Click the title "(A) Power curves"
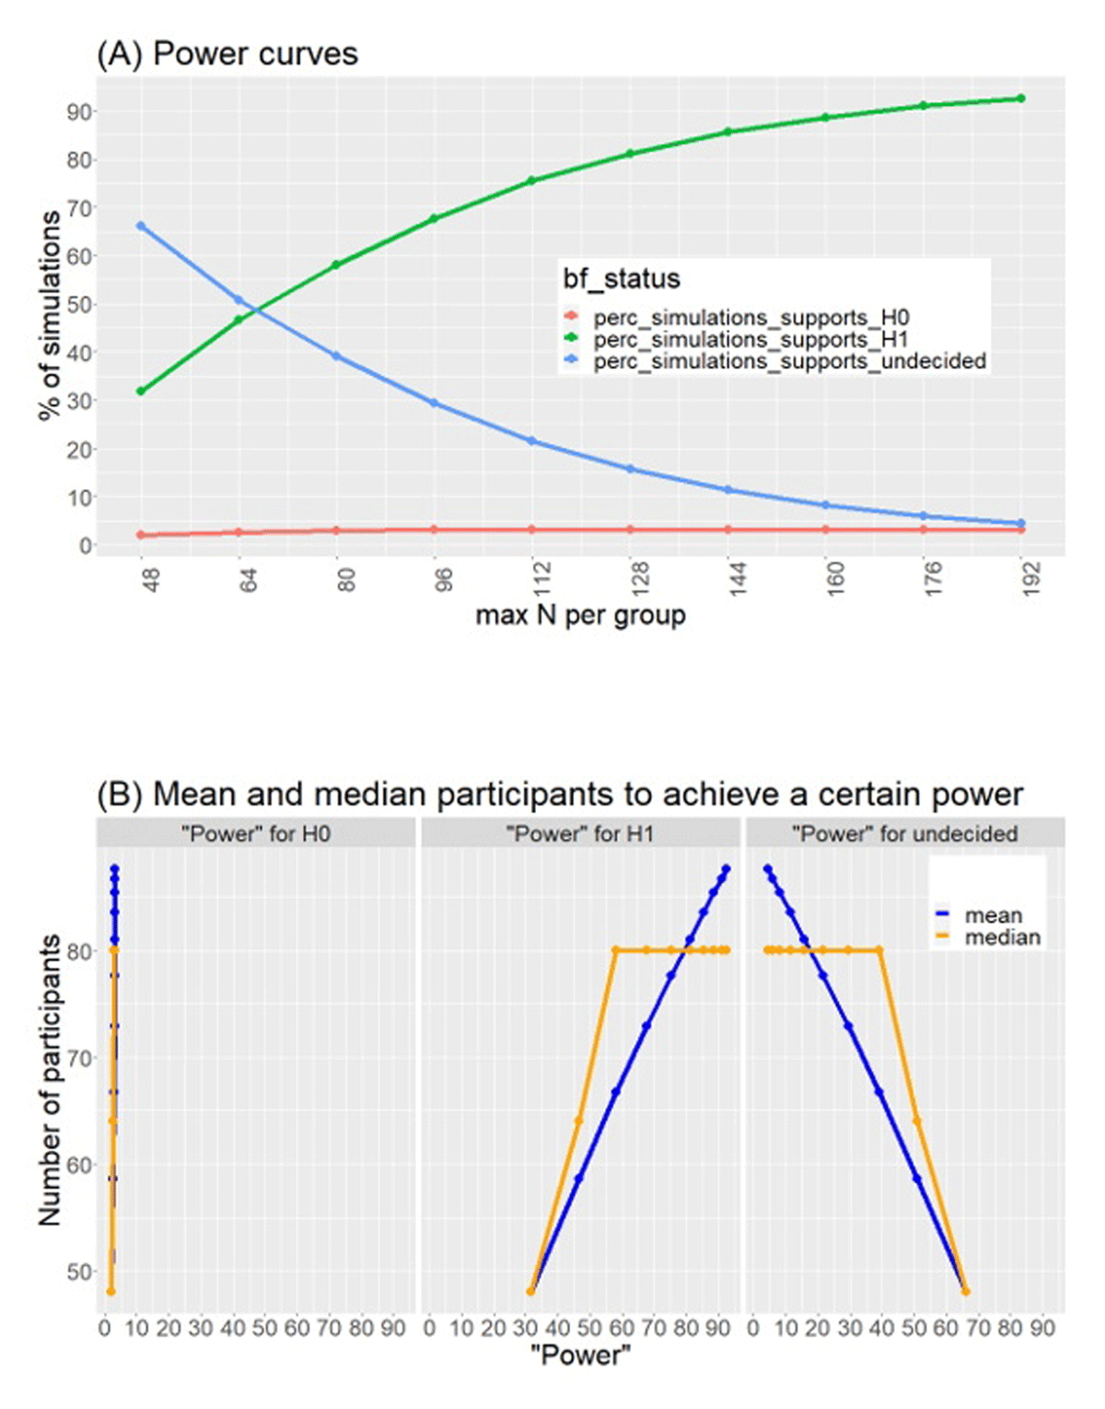227,54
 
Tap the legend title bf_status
622,279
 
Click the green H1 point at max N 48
141,391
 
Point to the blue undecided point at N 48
141,226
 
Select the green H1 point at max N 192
1020,99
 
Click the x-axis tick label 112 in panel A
541,580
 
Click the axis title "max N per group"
580,614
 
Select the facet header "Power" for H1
580,834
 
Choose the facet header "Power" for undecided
904,834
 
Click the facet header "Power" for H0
256,834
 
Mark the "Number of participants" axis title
50,1079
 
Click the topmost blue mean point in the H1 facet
727,868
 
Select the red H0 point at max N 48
141,535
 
